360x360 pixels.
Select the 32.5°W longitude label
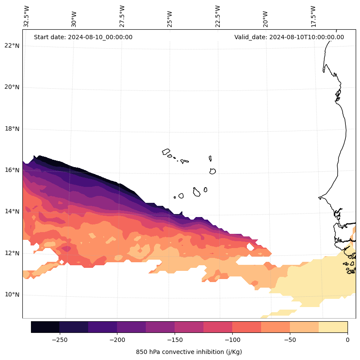click(x=27, y=16)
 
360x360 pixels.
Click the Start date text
click(x=83, y=37)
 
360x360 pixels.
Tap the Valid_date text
click(x=289, y=37)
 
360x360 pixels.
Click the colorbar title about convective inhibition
click(x=189, y=352)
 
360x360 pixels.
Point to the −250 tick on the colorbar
click(x=59, y=340)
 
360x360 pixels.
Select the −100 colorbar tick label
click(x=232, y=340)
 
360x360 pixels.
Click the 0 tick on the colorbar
click(x=348, y=340)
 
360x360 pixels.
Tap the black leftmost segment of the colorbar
click(x=45, y=327)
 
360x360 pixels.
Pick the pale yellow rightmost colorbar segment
click(x=333, y=327)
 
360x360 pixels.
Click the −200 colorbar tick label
click(x=117, y=340)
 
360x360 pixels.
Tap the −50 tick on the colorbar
click(x=290, y=340)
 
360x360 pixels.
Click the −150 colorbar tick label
click(x=175, y=340)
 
